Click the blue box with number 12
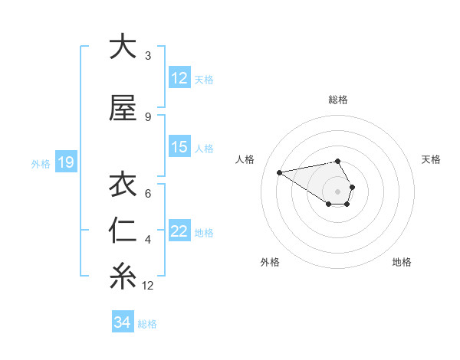(179, 78)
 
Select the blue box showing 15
(179, 147)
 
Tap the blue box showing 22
(179, 232)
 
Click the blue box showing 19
(65, 162)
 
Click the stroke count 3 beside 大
(148, 56)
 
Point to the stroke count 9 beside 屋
(148, 117)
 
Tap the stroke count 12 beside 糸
(148, 286)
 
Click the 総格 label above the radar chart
(338, 100)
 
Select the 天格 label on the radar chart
(431, 159)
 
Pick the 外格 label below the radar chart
(270, 263)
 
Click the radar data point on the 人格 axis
(279, 172)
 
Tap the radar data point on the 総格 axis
(338, 161)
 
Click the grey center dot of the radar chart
(338, 191)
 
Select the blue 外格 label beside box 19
(41, 163)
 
